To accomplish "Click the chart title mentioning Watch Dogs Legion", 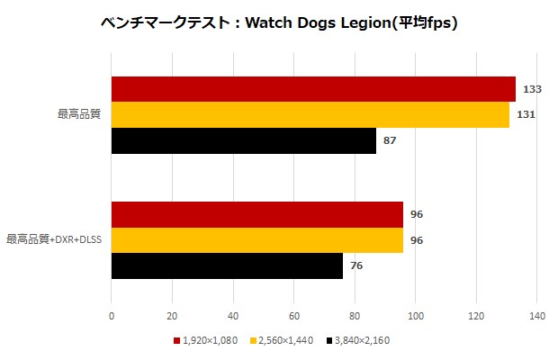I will [279, 24].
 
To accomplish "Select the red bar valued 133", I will [313, 89].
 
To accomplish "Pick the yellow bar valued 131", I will [310, 115].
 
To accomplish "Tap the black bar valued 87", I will [243, 140].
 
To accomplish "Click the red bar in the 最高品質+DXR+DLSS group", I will [256, 214].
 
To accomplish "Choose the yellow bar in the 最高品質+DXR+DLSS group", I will [256, 240].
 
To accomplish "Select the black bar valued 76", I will [227, 265].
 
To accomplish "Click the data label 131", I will [524, 115].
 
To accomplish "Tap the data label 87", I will [390, 141].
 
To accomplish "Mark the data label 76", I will [356, 266].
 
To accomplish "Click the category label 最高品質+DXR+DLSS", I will [54, 240].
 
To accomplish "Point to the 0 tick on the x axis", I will [111, 316].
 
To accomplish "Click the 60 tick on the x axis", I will [293, 316].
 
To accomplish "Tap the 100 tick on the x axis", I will [415, 316].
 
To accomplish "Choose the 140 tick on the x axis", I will [536, 316].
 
